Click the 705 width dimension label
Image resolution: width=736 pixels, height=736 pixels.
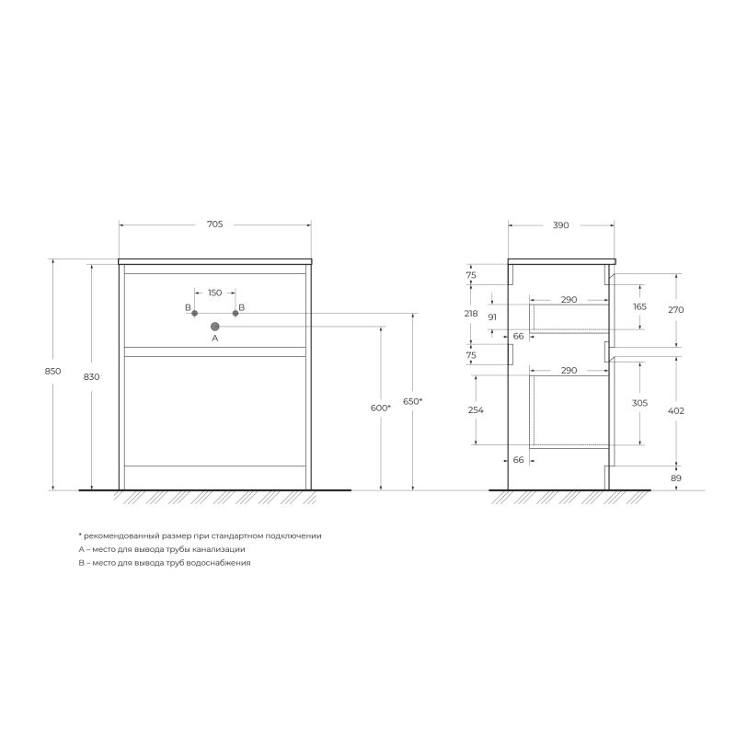pyautogui.click(x=215, y=224)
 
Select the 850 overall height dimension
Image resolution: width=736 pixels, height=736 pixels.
pyautogui.click(x=52, y=372)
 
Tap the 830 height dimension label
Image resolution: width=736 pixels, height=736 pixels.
pyautogui.click(x=92, y=377)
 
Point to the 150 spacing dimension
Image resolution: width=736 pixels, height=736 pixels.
pyautogui.click(x=214, y=293)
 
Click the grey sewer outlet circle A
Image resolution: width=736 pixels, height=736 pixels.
pyautogui.click(x=215, y=326)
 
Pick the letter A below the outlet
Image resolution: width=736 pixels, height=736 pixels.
pyautogui.click(x=215, y=339)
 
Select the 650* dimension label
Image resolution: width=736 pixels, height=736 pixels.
pyautogui.click(x=412, y=402)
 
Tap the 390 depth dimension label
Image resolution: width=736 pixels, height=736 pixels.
pyautogui.click(x=561, y=224)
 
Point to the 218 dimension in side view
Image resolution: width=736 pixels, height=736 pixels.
pyautogui.click(x=471, y=314)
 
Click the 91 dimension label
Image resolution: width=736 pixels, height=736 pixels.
pyautogui.click(x=492, y=317)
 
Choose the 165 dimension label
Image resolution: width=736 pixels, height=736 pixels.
pyautogui.click(x=639, y=306)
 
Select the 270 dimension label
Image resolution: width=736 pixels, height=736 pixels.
pyautogui.click(x=676, y=310)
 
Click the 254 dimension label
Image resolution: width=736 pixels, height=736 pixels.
pyautogui.click(x=475, y=410)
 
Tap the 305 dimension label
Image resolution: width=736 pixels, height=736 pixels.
pyautogui.click(x=639, y=403)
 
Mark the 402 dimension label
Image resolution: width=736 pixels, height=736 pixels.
pyautogui.click(x=676, y=410)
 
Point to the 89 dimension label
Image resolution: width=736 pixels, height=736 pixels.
pyautogui.click(x=676, y=479)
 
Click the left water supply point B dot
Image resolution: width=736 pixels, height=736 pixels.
pyautogui.click(x=195, y=314)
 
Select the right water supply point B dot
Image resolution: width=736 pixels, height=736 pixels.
pyautogui.click(x=236, y=314)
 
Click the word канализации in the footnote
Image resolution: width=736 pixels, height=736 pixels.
pyautogui.click(x=219, y=548)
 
